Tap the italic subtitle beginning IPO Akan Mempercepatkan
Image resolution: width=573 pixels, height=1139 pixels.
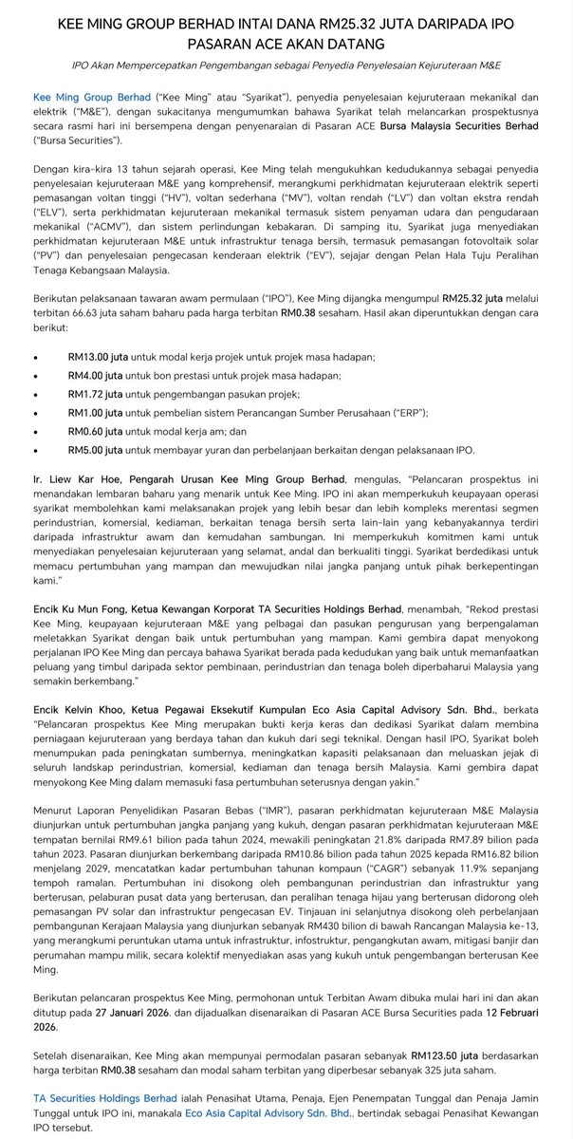[x=286, y=65]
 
